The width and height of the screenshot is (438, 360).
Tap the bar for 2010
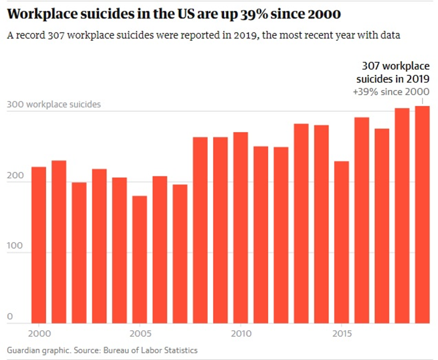pos(240,227)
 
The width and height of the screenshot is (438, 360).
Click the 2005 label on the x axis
pos(140,334)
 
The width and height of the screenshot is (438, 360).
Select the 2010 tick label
pos(240,334)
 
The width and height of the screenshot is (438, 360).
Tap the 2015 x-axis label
pos(341,334)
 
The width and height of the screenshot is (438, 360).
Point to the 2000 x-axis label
pos(39,334)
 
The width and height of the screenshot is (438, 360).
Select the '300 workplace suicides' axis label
pos(54,105)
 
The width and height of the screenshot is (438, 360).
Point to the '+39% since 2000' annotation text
pos(391,92)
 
